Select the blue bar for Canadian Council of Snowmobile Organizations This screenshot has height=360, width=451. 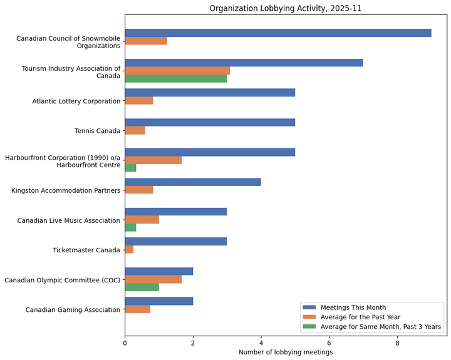[278, 33]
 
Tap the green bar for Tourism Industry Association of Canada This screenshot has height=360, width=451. [175, 79]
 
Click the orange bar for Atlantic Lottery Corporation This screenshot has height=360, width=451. [139, 101]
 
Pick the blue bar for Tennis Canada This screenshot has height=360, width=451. [210, 122]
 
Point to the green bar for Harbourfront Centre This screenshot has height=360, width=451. [130, 168]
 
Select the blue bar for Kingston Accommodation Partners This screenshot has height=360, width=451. [193, 182]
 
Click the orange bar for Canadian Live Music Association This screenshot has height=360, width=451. [142, 220]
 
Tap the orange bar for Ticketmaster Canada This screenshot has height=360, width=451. [129, 249]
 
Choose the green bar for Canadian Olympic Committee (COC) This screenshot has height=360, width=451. [142, 287]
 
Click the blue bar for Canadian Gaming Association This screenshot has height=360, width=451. [158, 301]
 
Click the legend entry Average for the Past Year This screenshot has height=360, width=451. [360, 317]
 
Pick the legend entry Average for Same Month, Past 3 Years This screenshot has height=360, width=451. [380, 326]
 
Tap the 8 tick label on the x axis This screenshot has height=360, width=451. [397, 342]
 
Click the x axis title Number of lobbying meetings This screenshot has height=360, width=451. [285, 352]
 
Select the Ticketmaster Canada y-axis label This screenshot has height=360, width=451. [86, 250]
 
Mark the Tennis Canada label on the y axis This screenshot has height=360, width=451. [97, 131]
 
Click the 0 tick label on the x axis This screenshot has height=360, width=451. [125, 342]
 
